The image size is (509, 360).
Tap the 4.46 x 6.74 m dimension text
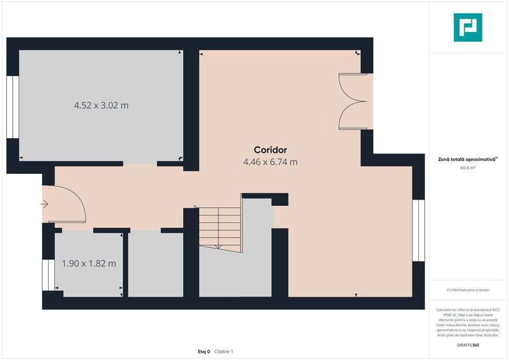[270, 162]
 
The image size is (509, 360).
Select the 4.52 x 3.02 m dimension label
[102, 105]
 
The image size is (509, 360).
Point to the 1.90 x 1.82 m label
[89, 263]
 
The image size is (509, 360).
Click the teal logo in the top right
[467, 27]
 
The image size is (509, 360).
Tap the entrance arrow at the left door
[44, 205]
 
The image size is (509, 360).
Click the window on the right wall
[418, 231]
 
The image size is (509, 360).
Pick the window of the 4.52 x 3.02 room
[12, 106]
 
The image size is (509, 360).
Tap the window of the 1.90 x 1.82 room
[46, 276]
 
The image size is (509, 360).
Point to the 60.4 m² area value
[468, 168]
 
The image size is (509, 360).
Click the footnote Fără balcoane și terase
[468, 290]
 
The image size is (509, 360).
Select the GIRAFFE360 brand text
[468, 345]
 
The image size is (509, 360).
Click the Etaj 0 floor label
[203, 351]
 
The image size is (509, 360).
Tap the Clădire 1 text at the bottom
[224, 351]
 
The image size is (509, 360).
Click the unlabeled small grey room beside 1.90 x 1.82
[155, 263]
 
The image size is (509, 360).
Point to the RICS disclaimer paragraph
[468, 322]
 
